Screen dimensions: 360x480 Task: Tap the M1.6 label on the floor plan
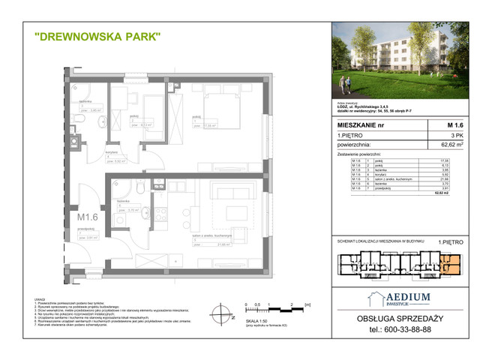pyautogui.click(x=89, y=218)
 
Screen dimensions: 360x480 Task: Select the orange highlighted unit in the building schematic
pyautogui.click(x=447, y=265)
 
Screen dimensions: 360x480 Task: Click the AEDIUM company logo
pyautogui.click(x=398, y=301)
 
